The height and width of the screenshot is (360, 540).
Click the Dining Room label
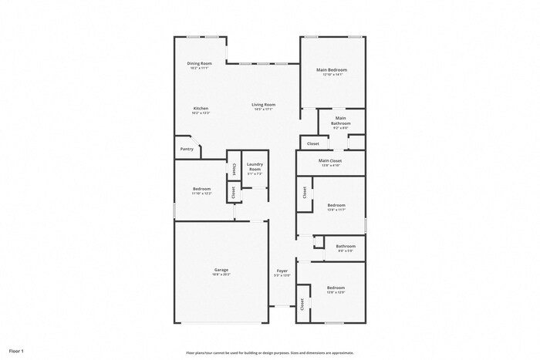tap(201, 64)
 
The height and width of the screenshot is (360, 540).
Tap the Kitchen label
tap(201, 109)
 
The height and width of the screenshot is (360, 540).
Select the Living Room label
tap(263, 105)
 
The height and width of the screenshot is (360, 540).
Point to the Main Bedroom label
tap(332, 70)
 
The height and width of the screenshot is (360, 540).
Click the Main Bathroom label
tap(341, 121)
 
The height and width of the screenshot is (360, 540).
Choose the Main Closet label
tap(330, 160)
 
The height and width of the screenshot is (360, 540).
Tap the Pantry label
tap(187, 149)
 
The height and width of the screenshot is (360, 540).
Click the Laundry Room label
tap(255, 167)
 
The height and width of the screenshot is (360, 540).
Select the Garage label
tap(221, 270)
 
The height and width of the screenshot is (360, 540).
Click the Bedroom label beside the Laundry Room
tap(201, 189)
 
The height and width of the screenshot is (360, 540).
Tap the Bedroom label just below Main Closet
tap(335, 206)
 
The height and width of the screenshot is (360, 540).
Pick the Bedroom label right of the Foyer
tap(335, 287)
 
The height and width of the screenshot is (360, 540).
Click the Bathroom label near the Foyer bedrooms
tap(345, 247)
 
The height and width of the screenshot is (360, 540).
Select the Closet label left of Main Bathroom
tap(313, 143)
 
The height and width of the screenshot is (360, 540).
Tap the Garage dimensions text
tap(221, 274)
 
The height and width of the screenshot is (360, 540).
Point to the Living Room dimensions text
tap(263, 109)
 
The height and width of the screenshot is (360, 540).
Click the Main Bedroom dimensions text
tap(332, 75)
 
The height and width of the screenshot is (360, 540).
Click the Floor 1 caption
tap(15, 351)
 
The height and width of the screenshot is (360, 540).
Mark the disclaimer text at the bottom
tap(269, 351)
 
